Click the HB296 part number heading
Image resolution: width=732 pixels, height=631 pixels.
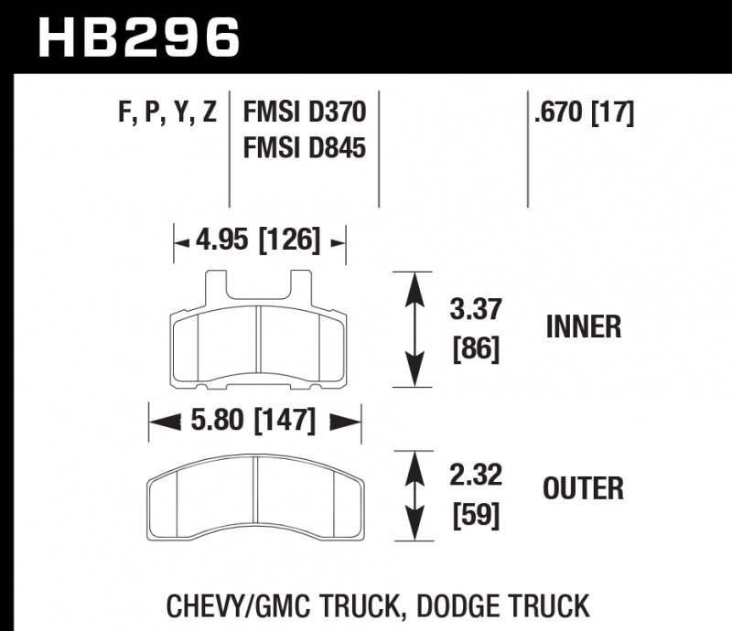point(138,39)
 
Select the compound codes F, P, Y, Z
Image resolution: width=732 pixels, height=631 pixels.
point(167,113)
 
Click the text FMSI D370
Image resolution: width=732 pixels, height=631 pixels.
point(305,113)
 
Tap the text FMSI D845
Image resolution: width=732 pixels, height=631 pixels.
point(305,145)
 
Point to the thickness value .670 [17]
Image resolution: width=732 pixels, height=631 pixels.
point(582,113)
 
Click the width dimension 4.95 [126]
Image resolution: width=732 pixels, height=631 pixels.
point(259,241)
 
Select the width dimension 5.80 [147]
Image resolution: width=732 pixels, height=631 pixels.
point(255,422)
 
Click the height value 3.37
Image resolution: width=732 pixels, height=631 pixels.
point(477,310)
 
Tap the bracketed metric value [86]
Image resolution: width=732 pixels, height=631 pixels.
point(477,349)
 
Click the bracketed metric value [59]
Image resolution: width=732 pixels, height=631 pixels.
point(477,517)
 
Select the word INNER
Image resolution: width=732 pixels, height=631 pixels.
point(583,327)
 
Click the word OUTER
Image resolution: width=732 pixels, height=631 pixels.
point(583,489)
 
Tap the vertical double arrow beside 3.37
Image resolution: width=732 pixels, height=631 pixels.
point(417,330)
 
